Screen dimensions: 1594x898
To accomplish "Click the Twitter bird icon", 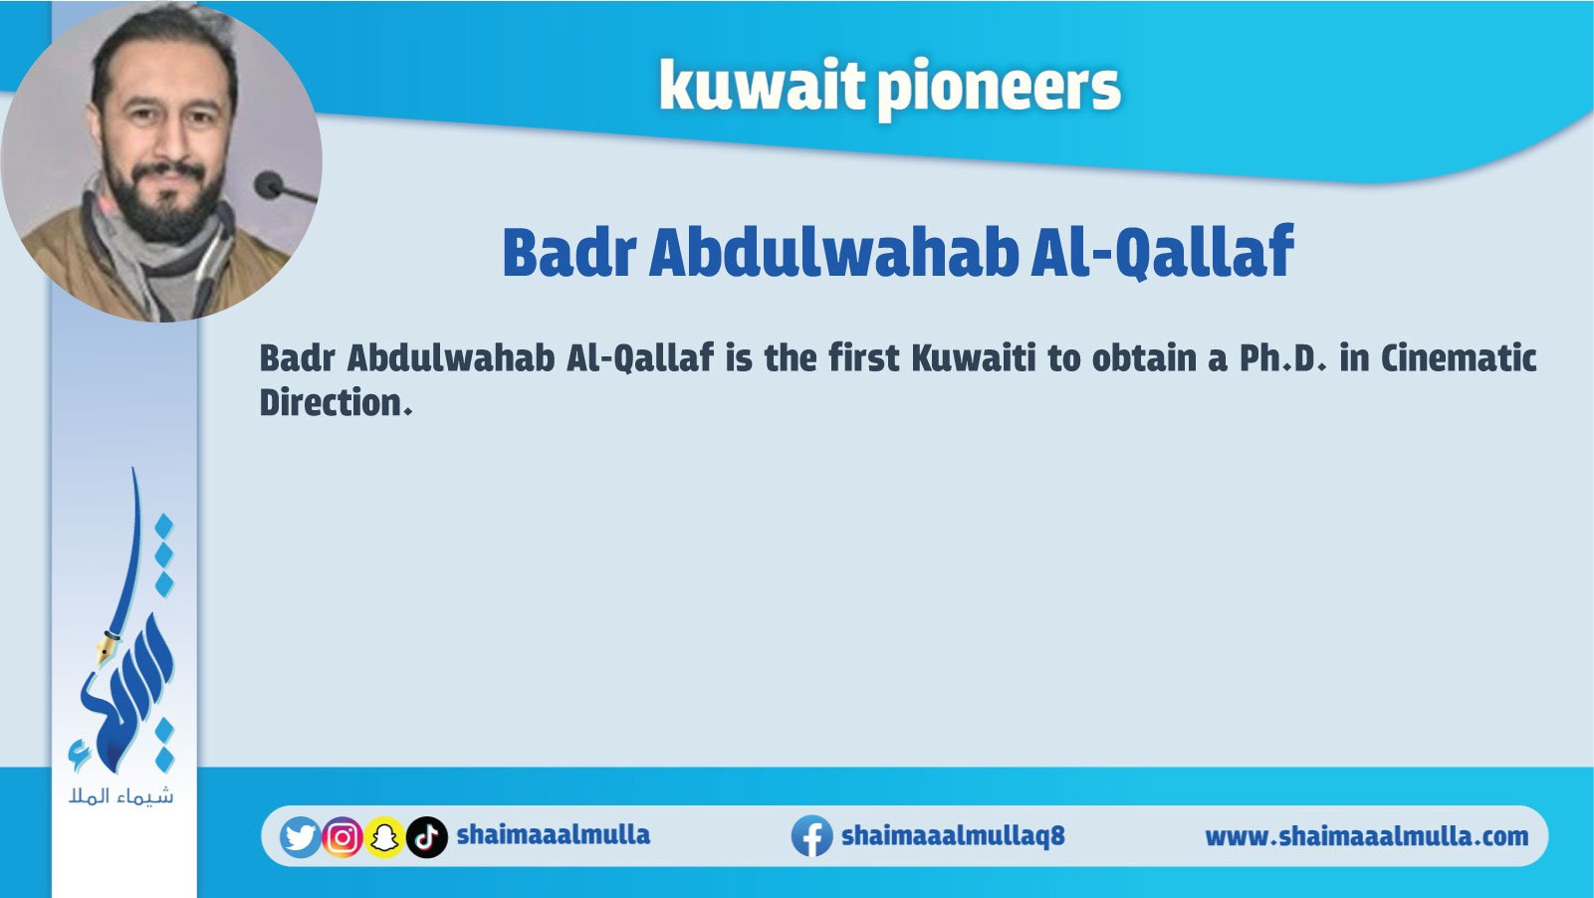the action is pos(300,837).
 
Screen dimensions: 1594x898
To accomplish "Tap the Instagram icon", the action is pos(342,837).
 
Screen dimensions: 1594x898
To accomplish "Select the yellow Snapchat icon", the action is pos(384,837).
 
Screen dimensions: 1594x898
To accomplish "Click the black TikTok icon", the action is pos(427,837).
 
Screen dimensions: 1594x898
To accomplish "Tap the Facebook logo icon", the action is pos(812,836).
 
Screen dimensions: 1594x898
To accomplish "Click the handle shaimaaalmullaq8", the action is pos(953,836).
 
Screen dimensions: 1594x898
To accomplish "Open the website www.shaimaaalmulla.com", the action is pos(1366,837).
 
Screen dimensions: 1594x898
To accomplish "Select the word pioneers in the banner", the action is pos(999,89).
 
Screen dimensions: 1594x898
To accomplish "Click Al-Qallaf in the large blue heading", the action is pos(1161,252).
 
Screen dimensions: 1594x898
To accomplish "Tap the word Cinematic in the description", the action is pos(1459,358).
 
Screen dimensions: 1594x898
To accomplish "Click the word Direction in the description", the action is pos(336,402).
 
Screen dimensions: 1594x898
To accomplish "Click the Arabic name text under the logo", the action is pos(121,796).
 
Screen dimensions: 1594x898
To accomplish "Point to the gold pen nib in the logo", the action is pos(107,646).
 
